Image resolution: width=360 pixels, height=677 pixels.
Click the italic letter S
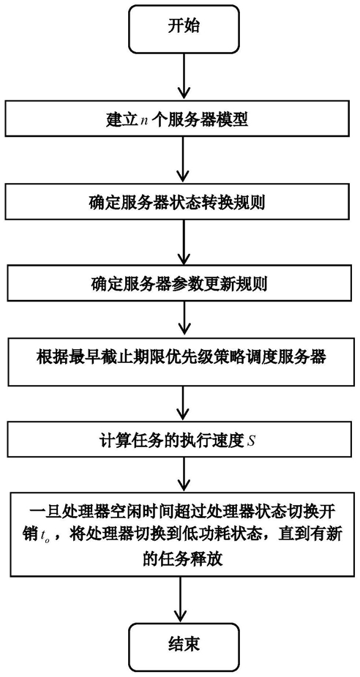click(x=251, y=444)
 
